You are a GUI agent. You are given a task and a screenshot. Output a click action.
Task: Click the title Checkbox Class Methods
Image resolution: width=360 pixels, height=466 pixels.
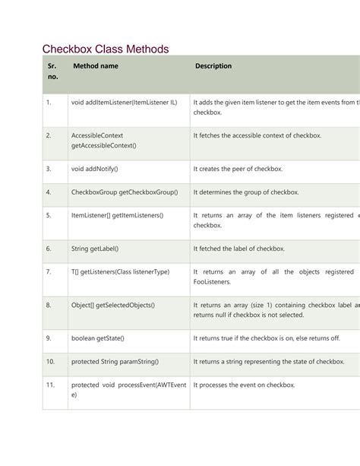[x=105, y=49]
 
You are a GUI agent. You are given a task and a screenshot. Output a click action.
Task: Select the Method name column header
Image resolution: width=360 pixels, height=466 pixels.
[x=95, y=66]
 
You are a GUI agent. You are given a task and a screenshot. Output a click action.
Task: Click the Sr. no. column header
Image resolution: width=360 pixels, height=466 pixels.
[x=51, y=71]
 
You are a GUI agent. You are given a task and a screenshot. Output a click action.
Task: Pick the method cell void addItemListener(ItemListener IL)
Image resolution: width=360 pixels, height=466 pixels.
[x=124, y=102]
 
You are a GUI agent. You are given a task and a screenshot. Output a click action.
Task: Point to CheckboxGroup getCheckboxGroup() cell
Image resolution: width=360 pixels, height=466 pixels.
[x=124, y=192]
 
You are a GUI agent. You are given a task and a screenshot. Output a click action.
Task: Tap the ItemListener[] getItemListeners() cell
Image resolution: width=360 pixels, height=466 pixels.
[x=117, y=215]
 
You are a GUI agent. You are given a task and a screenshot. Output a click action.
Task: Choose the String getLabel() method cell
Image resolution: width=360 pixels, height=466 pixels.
[x=95, y=248]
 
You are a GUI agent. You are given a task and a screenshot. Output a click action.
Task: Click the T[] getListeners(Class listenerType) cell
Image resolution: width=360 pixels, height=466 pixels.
[x=120, y=271]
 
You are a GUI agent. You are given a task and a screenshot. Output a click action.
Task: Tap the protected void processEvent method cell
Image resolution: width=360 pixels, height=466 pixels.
[x=128, y=390]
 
